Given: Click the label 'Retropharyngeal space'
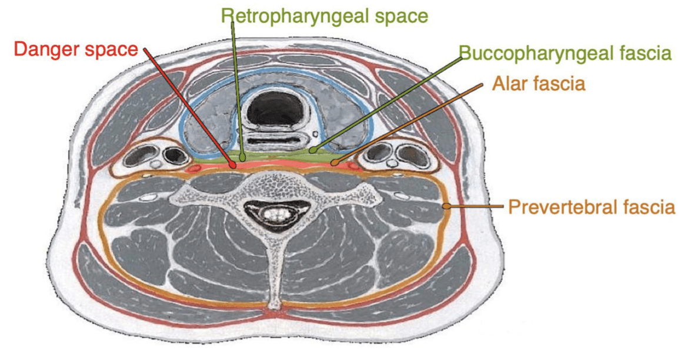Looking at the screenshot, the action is [x=325, y=16].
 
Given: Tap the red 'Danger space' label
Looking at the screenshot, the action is [x=76, y=49].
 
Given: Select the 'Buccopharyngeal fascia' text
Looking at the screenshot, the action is [x=565, y=53].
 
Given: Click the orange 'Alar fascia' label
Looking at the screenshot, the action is [x=539, y=83].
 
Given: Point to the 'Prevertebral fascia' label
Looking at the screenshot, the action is [x=592, y=207].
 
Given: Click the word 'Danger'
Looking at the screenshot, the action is [x=46, y=49].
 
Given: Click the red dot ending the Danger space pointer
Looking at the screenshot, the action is [x=233, y=165].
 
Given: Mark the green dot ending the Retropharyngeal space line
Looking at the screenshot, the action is [x=242, y=155].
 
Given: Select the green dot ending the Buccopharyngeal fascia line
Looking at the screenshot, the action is [x=312, y=151].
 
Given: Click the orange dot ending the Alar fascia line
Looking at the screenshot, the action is [x=335, y=162].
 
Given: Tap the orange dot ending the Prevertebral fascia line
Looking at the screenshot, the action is [x=445, y=205].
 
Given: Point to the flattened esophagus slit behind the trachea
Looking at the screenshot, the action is [x=276, y=141].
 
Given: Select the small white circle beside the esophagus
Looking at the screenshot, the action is [x=315, y=134].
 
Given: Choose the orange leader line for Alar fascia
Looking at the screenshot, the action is [x=408, y=123].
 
